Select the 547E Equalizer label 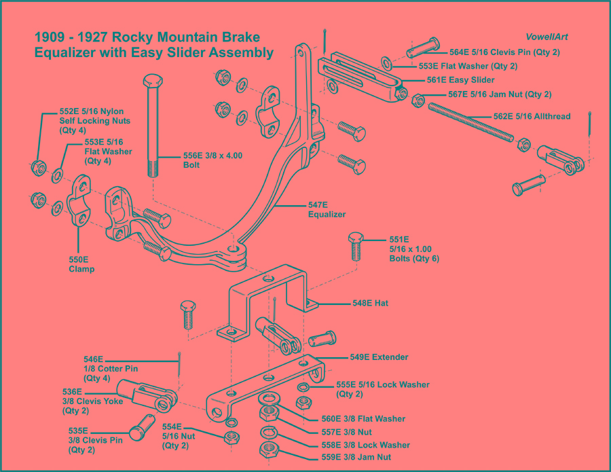coord(327,209)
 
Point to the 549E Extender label coord(379,357)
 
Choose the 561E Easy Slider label coord(451,80)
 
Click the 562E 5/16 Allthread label coord(532,116)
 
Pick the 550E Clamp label coord(81,264)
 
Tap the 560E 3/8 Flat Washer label coord(363,419)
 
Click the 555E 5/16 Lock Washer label coord(383,388)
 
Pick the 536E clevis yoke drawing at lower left coord(144,395)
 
